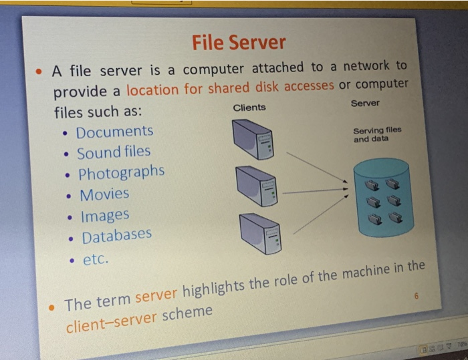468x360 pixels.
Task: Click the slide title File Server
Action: click(x=239, y=43)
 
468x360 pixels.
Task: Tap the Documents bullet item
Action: click(x=114, y=132)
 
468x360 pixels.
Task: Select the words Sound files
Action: click(x=114, y=152)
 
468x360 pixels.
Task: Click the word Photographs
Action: click(x=121, y=173)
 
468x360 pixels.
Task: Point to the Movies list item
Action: click(x=104, y=195)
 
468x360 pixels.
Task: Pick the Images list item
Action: click(x=105, y=216)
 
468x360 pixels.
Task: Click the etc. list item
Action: click(x=95, y=258)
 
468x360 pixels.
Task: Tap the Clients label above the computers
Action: click(x=249, y=108)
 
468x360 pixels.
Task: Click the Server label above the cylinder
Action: click(x=364, y=104)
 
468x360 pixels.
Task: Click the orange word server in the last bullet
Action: click(x=158, y=297)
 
